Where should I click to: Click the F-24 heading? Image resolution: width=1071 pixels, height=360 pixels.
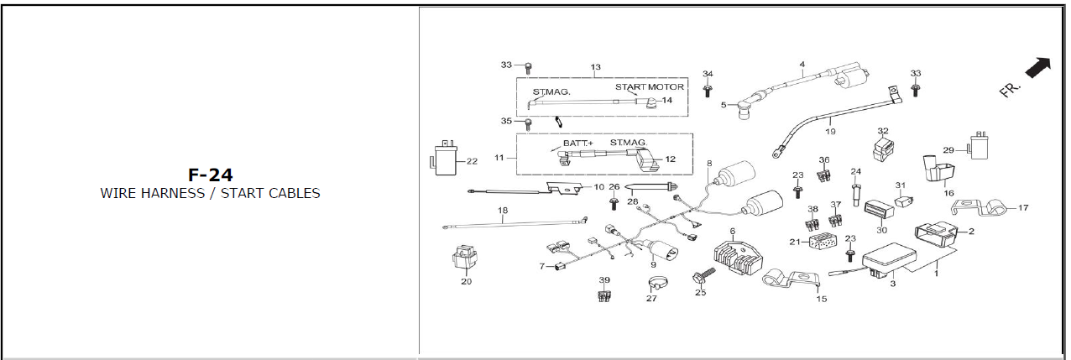[x=210, y=175]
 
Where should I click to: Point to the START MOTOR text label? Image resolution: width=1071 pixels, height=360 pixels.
[x=649, y=87]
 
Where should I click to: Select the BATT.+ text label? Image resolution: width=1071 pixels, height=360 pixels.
[x=577, y=143]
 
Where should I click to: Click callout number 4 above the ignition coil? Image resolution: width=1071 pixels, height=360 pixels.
[x=802, y=65]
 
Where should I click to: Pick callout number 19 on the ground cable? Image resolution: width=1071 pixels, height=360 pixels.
[x=830, y=132]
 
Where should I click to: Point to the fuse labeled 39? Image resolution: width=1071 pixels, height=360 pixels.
[x=603, y=295]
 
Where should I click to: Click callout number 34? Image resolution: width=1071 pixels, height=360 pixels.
[x=708, y=74]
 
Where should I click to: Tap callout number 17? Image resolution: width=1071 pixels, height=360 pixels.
[x=1023, y=207]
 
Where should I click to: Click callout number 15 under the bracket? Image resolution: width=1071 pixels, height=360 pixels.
[x=821, y=299]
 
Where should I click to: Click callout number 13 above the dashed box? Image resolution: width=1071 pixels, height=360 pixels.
[x=596, y=67]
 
